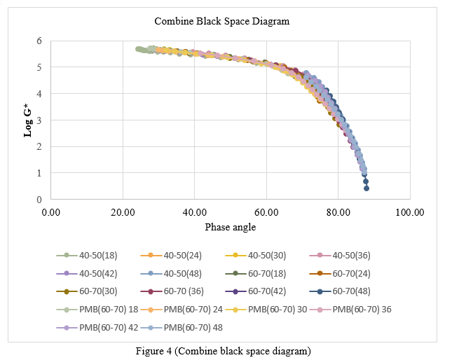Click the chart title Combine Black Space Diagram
tap(221, 21)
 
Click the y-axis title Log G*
tap(29, 120)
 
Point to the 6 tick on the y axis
tap(39, 41)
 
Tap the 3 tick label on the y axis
tap(39, 120)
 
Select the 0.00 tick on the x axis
tap(50, 212)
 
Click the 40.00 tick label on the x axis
tap(194, 212)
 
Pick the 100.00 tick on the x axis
tap(410, 212)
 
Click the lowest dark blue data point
tap(366, 188)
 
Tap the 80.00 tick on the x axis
tap(338, 212)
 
